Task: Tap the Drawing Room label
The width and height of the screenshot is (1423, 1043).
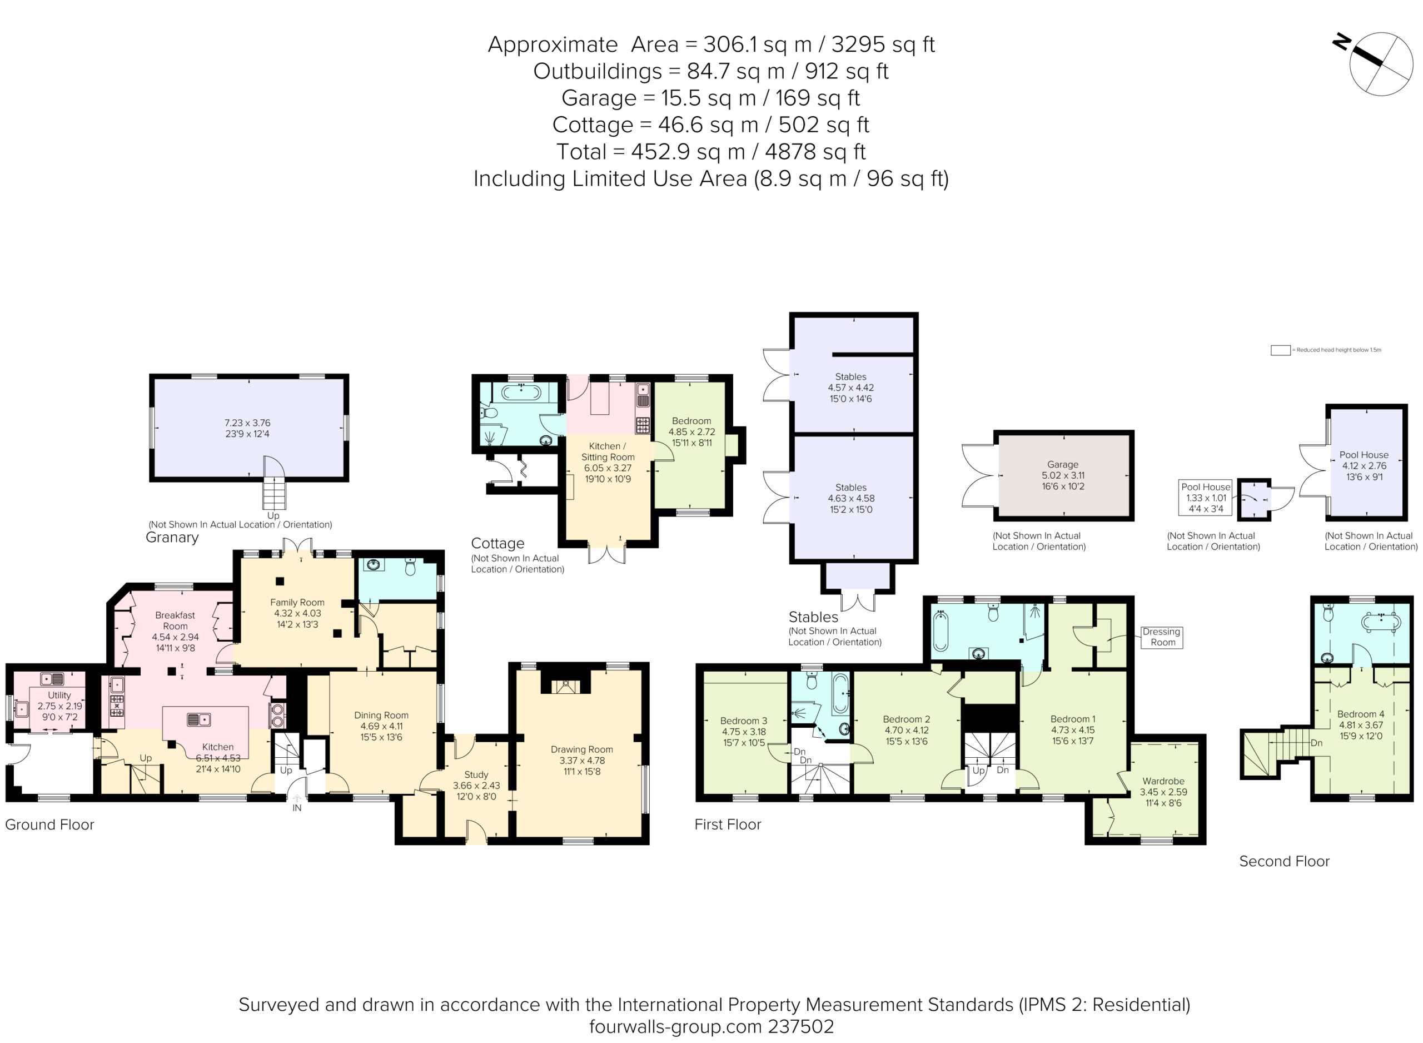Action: click(x=581, y=759)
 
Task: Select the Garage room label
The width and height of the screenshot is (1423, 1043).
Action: click(x=1063, y=475)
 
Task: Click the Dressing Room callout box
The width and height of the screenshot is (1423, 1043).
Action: click(x=1161, y=637)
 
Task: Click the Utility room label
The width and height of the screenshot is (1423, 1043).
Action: click(x=59, y=706)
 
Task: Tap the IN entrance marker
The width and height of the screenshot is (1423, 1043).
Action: click(x=297, y=808)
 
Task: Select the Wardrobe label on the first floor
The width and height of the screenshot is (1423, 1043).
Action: click(x=1163, y=792)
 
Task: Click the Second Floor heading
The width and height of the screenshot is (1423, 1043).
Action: click(x=1283, y=861)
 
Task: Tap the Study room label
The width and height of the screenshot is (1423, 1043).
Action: click(x=476, y=786)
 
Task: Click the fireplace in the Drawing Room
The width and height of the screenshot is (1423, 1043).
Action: click(x=565, y=686)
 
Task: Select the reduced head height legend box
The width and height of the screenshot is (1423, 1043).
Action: click(x=1280, y=350)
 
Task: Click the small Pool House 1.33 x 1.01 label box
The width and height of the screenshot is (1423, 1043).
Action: click(x=1205, y=498)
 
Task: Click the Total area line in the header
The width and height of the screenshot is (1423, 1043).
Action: click(x=710, y=152)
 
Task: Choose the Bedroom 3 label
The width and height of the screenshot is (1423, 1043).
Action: click(x=744, y=732)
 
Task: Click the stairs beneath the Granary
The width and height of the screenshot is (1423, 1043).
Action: click(x=274, y=494)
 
